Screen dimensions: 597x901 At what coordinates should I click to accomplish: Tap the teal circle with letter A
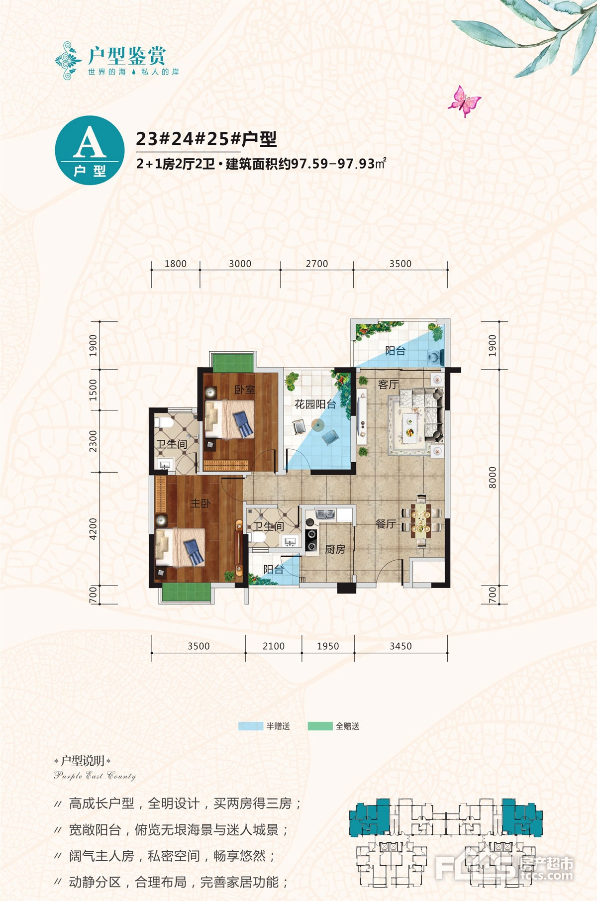tap(90, 150)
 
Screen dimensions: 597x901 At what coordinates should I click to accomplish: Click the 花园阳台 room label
tap(315, 404)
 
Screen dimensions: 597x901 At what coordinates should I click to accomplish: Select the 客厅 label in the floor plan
tap(388, 385)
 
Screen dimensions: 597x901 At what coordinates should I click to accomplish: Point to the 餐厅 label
tap(386, 523)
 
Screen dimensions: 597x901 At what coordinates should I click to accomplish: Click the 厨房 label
tap(335, 549)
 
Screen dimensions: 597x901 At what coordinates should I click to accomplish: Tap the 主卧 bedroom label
tap(200, 503)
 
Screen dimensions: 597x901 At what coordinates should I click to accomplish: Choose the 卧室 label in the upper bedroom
tap(245, 390)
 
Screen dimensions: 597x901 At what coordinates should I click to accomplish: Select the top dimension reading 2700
tap(317, 264)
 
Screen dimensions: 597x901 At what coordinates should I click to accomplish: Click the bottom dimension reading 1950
tap(328, 646)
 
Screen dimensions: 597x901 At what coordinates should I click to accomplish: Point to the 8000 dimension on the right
tap(492, 478)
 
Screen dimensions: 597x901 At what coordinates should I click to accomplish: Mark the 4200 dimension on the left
tap(93, 529)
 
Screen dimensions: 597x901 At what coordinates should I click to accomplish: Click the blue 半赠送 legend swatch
tap(251, 726)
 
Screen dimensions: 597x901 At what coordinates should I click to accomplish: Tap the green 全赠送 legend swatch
tap(320, 726)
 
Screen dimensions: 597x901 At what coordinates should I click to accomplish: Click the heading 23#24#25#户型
tap(206, 139)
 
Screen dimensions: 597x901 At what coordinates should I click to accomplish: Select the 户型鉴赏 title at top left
tap(127, 55)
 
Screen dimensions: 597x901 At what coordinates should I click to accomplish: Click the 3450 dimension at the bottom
tap(400, 646)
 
